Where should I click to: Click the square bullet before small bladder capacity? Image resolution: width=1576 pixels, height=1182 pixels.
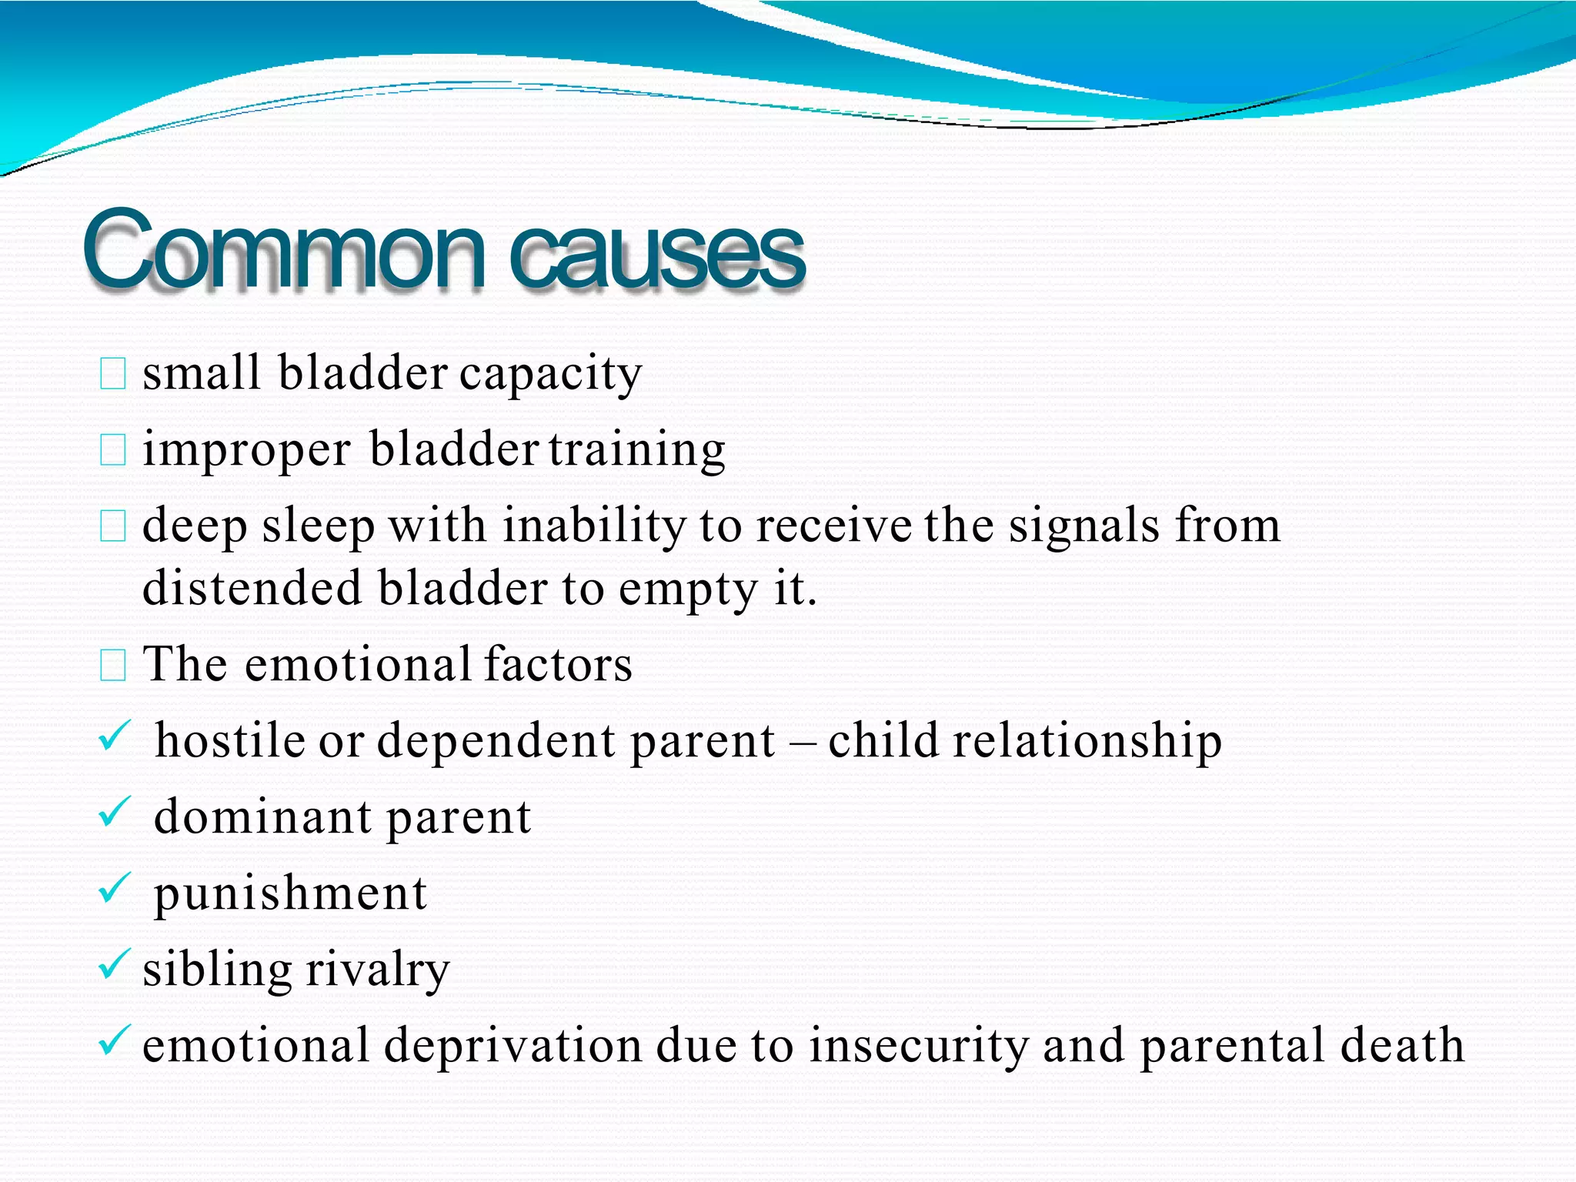click(x=113, y=374)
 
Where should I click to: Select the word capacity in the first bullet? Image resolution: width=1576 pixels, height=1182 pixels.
click(x=551, y=374)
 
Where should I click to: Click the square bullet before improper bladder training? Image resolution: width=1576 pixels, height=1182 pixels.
click(x=113, y=450)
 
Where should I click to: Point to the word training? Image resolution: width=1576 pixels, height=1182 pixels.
click(x=637, y=450)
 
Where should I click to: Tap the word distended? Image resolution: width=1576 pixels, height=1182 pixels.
click(x=252, y=589)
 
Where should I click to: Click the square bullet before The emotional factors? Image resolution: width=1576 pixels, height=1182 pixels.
click(x=113, y=665)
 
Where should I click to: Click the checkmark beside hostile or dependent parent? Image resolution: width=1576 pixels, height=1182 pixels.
click(x=115, y=737)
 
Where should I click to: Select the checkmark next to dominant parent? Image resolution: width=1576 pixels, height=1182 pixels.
click(x=115, y=813)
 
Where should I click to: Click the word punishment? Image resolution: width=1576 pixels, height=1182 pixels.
click(x=290, y=895)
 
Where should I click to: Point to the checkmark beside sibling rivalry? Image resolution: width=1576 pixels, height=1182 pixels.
click(x=115, y=964)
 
